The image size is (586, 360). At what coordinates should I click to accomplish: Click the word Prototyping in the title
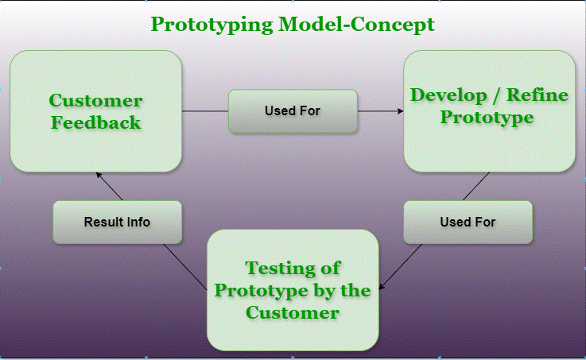(x=211, y=24)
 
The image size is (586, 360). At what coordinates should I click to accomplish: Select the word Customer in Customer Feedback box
(x=95, y=101)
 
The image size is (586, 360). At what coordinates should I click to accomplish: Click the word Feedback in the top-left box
(x=95, y=122)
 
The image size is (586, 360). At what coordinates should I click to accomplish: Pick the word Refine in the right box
(x=541, y=96)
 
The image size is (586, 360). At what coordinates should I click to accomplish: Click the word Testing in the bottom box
(x=292, y=268)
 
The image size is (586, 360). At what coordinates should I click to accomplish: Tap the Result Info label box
(x=117, y=222)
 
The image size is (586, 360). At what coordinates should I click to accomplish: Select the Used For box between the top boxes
(x=292, y=111)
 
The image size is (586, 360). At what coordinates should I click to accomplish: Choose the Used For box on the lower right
(x=468, y=222)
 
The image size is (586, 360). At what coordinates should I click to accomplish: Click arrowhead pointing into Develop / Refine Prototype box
(x=400, y=111)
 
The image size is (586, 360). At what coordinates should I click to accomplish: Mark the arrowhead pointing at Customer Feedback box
(x=98, y=175)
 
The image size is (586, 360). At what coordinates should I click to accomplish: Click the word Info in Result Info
(x=138, y=222)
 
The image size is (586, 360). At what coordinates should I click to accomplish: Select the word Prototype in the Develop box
(x=487, y=118)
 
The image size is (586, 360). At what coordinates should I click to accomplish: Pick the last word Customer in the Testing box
(x=292, y=312)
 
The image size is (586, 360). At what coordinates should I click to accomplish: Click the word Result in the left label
(x=103, y=222)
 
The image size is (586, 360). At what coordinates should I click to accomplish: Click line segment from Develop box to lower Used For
(x=475, y=186)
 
